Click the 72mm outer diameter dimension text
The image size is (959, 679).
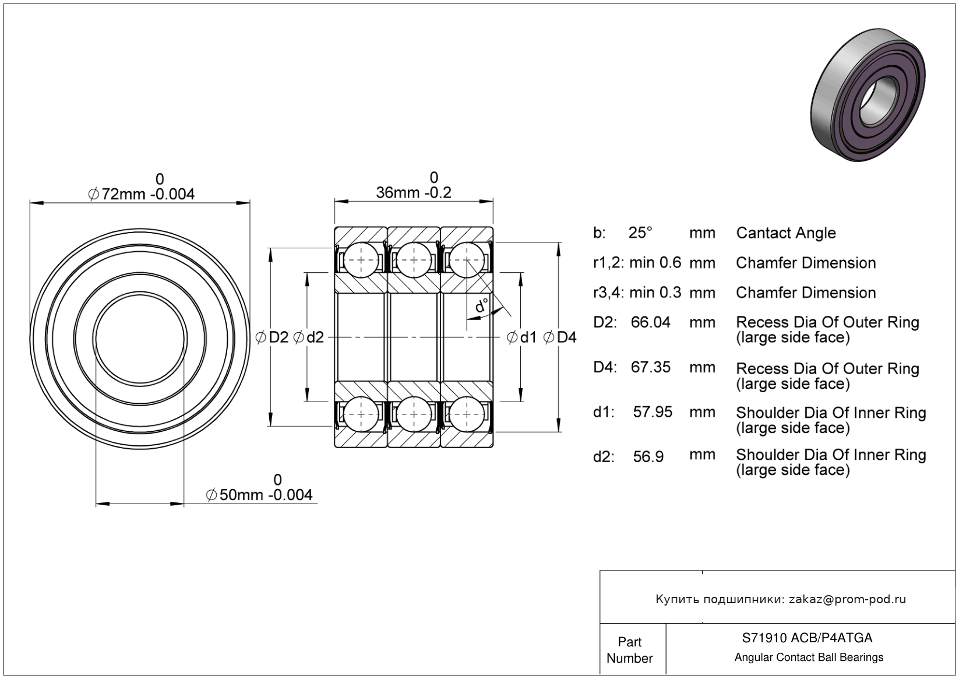pos(142,194)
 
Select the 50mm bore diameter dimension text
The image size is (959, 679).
pos(260,495)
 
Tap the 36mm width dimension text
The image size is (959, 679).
pos(414,192)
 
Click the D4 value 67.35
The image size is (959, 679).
pos(650,367)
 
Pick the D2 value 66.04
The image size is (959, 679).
pos(650,322)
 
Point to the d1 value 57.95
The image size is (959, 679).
pos(653,412)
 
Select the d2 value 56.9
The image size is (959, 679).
pos(648,456)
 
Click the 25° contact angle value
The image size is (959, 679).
pos(640,233)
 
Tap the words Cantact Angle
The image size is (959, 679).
pos(785,233)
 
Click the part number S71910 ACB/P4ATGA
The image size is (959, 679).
pos(807,638)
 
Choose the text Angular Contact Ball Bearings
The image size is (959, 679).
pos(809,657)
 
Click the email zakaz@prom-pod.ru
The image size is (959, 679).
pos(847,599)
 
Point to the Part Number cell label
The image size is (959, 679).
pos(629,650)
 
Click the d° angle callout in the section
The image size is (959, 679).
pos(482,305)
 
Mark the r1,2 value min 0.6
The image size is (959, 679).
pos(655,263)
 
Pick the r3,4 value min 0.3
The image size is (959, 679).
pos(655,293)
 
